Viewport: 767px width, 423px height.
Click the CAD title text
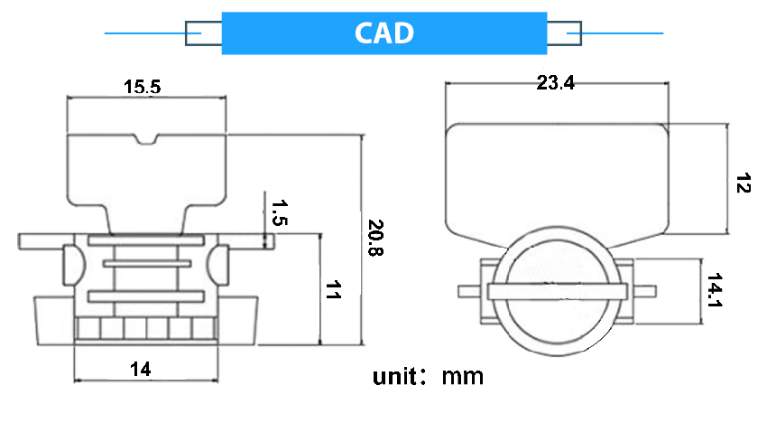click(x=383, y=33)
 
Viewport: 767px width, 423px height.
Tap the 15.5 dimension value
click(x=143, y=87)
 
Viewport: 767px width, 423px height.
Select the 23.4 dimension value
click(x=555, y=83)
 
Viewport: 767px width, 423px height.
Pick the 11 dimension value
click(x=333, y=291)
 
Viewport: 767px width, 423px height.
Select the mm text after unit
click(x=462, y=376)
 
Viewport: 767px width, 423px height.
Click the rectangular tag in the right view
click(x=558, y=181)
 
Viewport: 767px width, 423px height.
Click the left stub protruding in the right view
click(x=468, y=290)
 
